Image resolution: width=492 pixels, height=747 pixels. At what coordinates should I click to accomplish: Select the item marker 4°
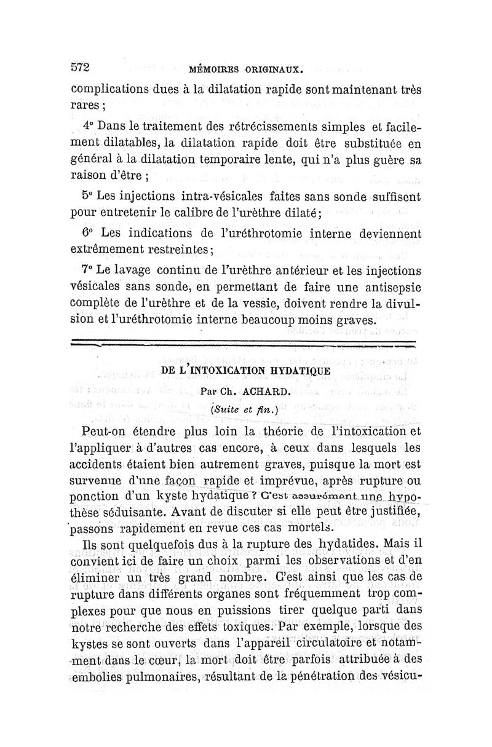click(89, 126)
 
